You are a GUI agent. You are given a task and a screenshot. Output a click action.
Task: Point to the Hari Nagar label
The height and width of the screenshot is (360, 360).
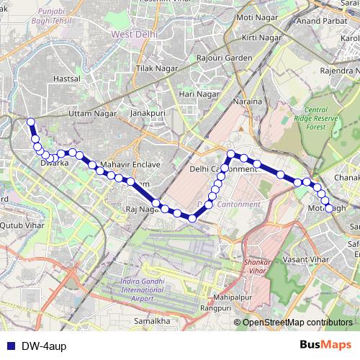[199, 94]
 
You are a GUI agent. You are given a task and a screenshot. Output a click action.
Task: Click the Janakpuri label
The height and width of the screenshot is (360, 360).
[148, 114]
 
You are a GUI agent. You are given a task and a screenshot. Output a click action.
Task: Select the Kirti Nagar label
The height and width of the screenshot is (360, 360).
[262, 36]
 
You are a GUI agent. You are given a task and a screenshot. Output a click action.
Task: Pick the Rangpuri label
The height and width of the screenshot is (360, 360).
[216, 308]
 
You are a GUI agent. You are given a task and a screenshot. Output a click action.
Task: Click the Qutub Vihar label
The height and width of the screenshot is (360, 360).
[22, 224]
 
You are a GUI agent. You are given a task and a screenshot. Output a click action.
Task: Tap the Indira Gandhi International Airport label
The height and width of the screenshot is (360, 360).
[137, 288]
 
